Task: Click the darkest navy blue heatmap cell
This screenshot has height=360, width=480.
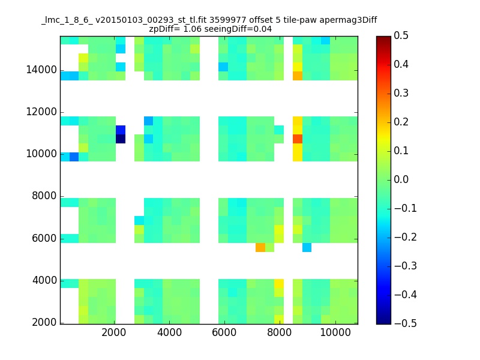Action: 121,139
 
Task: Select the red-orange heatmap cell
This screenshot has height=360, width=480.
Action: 298,139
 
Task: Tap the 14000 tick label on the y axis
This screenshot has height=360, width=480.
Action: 41,70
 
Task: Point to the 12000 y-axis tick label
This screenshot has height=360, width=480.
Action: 41,112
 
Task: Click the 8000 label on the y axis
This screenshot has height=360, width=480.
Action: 44,196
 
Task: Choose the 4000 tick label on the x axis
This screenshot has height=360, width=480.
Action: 169,332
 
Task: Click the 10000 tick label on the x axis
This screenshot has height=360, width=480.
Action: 335,332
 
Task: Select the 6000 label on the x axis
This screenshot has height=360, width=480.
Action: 224,332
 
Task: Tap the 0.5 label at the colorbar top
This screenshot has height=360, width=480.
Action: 401,35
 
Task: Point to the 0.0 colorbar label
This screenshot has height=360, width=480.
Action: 401,179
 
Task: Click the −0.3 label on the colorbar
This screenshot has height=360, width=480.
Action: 406,266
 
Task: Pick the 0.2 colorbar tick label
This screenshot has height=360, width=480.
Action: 401,122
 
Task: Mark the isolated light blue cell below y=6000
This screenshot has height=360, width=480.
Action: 307,247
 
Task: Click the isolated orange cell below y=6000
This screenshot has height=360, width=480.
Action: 260,247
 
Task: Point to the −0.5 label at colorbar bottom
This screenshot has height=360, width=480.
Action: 406,323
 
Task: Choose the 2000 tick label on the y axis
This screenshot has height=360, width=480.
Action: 44,322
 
